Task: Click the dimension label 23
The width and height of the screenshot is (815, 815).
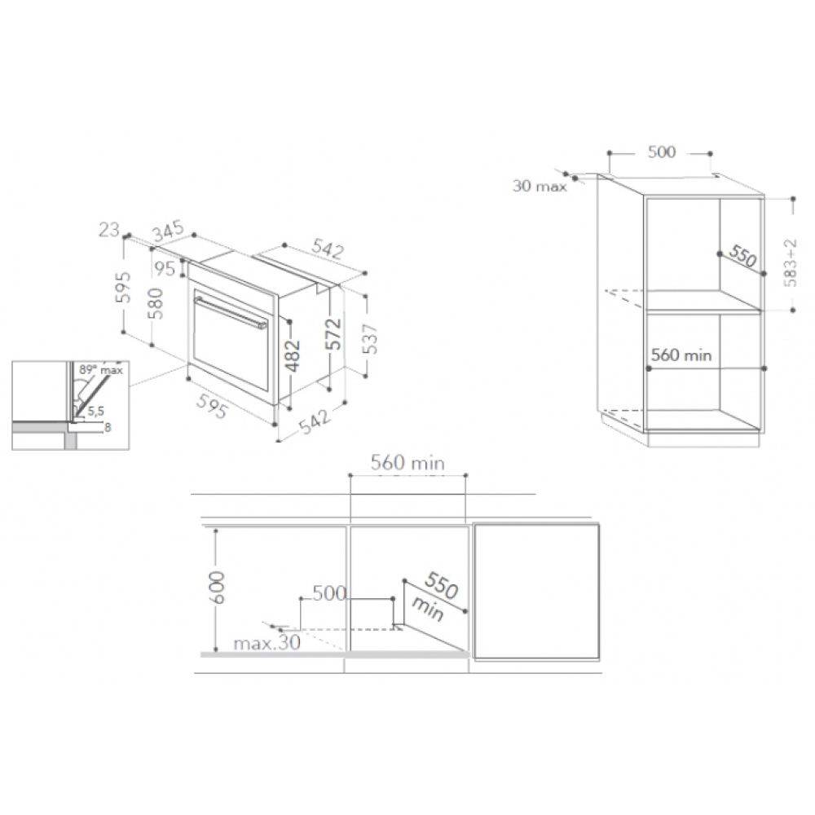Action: point(109,229)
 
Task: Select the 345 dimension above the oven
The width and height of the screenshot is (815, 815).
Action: point(169,231)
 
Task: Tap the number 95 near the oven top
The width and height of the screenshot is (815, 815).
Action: point(165,269)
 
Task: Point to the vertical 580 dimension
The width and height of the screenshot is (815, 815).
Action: point(156,303)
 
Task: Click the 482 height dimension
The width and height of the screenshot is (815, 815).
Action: point(293,355)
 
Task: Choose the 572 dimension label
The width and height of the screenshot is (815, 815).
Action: point(334,333)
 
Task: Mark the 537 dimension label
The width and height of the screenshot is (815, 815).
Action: point(370,339)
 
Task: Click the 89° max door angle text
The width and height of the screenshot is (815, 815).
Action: point(101,370)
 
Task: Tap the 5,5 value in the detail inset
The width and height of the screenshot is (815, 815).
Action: point(95,411)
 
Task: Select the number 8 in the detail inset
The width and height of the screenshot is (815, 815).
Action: point(108,428)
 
